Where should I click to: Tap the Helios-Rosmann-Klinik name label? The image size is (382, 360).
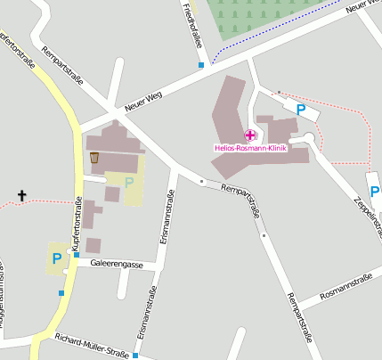click(250, 148)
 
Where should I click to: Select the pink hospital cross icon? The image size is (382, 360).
click(250, 135)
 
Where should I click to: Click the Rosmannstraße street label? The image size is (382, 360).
click(345, 286)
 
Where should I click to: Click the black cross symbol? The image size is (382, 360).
click(22, 194)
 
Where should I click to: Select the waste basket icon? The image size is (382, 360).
click(94, 158)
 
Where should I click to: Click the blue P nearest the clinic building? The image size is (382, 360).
click(301, 110)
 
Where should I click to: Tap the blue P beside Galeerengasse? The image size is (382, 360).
click(57, 258)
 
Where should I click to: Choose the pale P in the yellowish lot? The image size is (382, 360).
click(129, 183)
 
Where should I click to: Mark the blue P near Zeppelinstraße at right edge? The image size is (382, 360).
click(374, 191)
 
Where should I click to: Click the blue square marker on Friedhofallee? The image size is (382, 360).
click(202, 65)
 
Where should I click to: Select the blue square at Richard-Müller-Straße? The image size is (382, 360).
click(135, 355)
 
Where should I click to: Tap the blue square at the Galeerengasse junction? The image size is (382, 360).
click(77, 255)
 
